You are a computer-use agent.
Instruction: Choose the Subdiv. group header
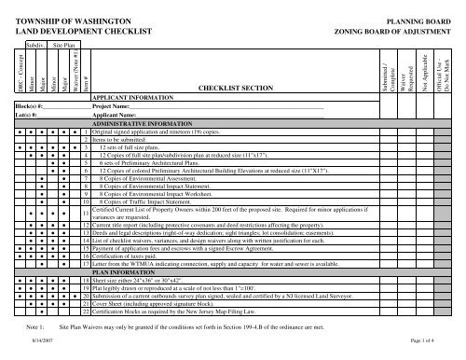35,44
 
